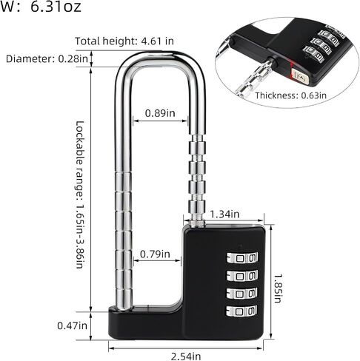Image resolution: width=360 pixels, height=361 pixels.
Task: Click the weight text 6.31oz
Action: (56, 7)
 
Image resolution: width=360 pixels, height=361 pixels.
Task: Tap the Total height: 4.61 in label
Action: (124, 41)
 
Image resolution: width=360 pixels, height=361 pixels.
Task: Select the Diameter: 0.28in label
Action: (47, 59)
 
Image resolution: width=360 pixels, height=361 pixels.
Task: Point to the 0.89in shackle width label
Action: (160, 113)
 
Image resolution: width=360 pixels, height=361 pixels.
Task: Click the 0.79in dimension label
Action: (155, 254)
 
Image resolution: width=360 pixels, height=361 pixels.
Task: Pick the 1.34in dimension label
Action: (224, 214)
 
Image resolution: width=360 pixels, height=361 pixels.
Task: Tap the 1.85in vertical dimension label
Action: (278, 289)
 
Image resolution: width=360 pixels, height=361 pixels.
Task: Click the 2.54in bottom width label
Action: (186, 357)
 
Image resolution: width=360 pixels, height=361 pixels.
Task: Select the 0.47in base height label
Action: (72, 325)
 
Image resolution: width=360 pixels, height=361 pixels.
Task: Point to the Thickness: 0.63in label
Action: (290, 95)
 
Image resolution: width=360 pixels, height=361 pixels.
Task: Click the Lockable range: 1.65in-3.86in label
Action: (80, 195)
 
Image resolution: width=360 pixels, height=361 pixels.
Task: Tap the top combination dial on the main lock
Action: (242, 258)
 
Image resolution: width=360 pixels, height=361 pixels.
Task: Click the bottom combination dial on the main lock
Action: (241, 311)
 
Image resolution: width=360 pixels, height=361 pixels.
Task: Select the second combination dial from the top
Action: (242, 276)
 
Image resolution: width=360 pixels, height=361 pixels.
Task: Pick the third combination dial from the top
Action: (241, 294)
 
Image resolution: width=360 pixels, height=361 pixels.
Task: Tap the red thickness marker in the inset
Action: (291, 70)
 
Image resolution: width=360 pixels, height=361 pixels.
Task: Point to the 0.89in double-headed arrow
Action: (160, 121)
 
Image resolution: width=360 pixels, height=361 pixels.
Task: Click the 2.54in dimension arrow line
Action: (185, 348)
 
